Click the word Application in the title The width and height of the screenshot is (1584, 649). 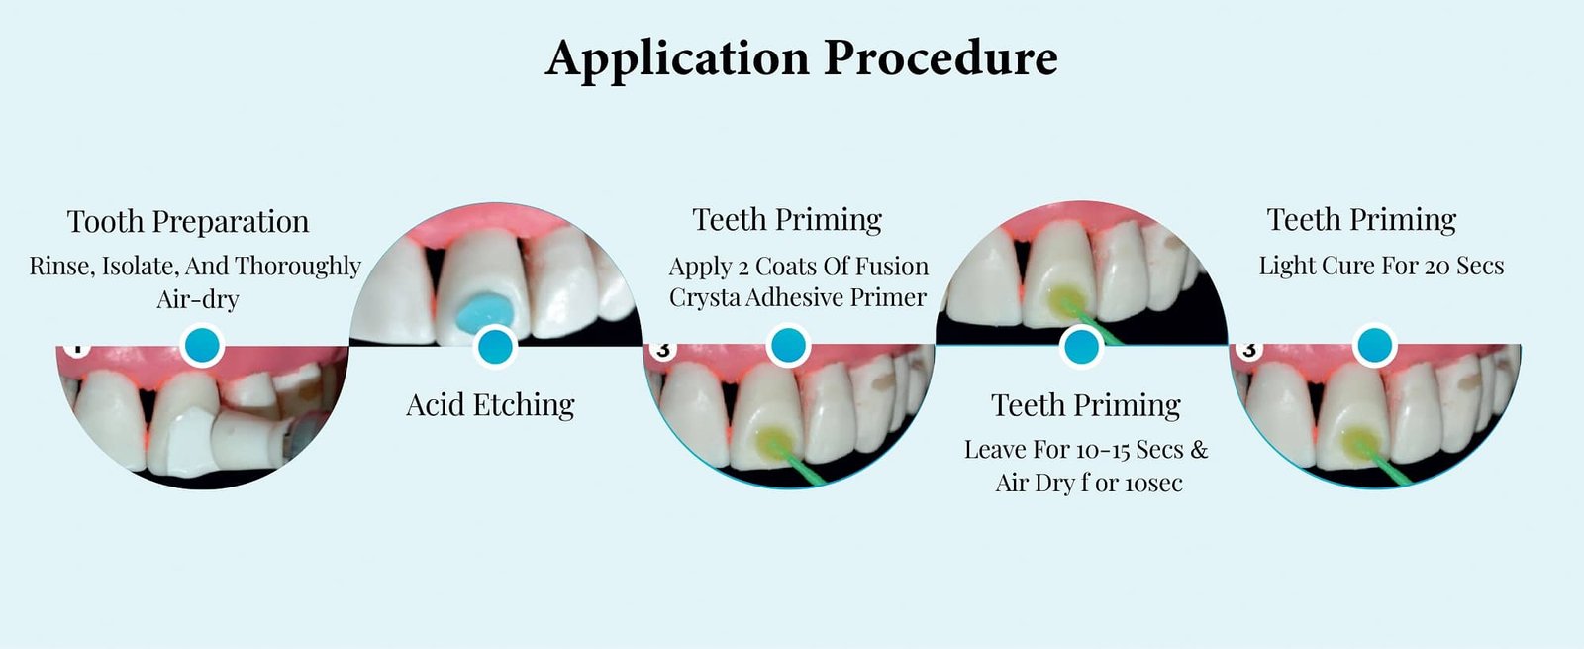click(677, 58)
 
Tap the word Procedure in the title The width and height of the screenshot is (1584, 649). click(940, 58)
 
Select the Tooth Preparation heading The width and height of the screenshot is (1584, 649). click(188, 221)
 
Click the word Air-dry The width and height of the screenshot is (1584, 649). click(198, 298)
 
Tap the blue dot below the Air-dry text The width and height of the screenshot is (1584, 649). click(202, 346)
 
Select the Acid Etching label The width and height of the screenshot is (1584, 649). click(490, 404)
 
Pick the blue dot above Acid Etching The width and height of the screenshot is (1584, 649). click(495, 347)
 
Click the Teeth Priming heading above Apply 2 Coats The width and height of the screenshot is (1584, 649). click(787, 219)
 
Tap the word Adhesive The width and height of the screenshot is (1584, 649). click(800, 297)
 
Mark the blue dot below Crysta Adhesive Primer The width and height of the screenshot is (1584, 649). click(788, 346)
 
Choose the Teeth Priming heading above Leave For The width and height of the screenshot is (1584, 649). click(1086, 404)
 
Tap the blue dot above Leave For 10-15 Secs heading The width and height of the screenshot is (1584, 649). click(1080, 347)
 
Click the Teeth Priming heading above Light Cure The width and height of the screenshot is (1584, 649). click(1361, 219)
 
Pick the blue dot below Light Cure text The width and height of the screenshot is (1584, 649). click(1374, 346)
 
